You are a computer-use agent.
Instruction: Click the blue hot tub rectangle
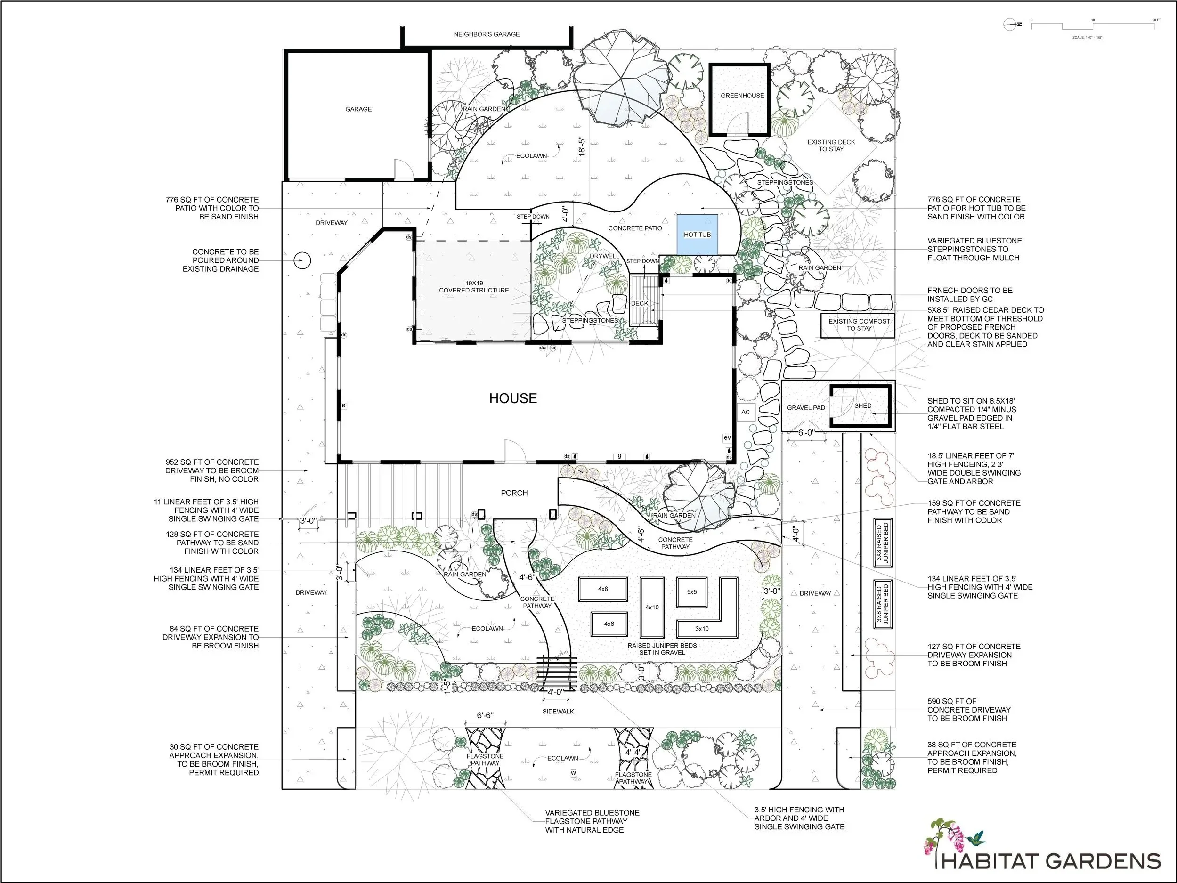tap(697, 234)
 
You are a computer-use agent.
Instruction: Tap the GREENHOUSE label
tap(742, 96)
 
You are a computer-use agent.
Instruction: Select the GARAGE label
tap(358, 109)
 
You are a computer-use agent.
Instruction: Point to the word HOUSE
tap(513, 398)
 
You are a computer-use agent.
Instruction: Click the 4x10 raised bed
tap(652, 607)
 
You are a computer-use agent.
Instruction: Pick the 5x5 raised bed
tap(692, 591)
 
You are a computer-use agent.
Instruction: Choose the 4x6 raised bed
tap(609, 624)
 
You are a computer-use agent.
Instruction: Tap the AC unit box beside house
tap(746, 412)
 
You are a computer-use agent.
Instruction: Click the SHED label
tap(862, 405)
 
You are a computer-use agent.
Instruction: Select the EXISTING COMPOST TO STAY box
tap(859, 324)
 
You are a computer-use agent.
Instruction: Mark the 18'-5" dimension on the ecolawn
tap(582, 147)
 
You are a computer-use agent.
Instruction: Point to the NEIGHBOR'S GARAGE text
tap(487, 34)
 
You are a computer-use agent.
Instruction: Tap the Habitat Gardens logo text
tap(1051, 861)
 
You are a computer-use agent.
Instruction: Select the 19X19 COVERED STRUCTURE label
tap(473, 287)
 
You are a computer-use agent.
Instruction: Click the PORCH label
tap(514, 493)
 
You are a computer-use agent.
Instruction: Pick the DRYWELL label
tap(604, 256)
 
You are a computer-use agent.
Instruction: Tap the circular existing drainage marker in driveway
tap(302, 260)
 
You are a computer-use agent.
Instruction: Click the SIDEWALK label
tap(558, 711)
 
